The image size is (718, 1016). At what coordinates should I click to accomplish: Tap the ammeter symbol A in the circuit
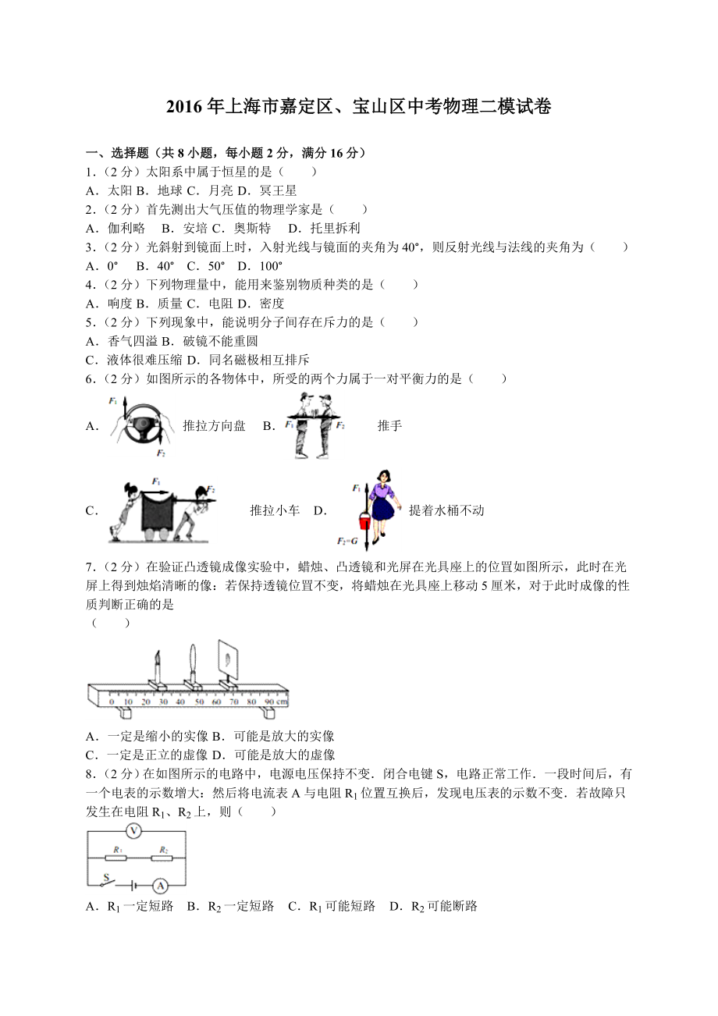click(160, 885)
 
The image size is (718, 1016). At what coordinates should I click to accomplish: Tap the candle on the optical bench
click(158, 665)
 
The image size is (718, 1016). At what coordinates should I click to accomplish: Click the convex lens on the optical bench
click(193, 663)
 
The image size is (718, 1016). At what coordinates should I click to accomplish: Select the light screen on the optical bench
click(228, 659)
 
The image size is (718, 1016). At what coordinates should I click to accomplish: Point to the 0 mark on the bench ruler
click(112, 703)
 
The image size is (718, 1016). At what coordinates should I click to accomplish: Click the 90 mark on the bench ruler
click(270, 703)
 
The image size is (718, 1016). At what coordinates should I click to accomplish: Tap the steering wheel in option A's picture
click(142, 425)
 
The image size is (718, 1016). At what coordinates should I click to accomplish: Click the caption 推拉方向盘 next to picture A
click(214, 425)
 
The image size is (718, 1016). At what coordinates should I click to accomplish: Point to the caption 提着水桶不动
click(446, 510)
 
